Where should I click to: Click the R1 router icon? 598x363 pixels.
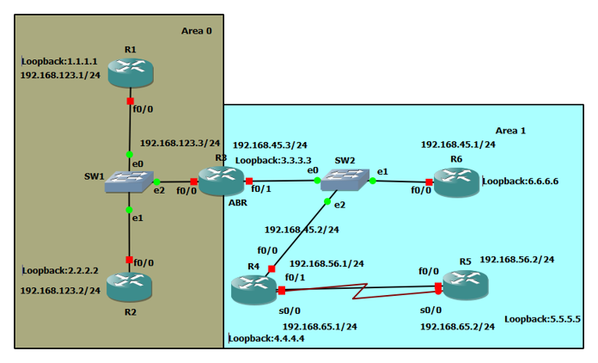(130, 72)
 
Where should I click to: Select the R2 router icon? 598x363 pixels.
(130, 286)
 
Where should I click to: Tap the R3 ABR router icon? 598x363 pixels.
(221, 181)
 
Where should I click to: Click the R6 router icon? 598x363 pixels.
(455, 181)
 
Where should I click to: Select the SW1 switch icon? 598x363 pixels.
(129, 181)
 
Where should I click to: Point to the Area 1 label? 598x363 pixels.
(510, 131)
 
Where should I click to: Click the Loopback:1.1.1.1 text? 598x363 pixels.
(59, 62)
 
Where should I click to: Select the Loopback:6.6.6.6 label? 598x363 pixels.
(521, 181)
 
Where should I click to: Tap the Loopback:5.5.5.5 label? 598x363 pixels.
(542, 318)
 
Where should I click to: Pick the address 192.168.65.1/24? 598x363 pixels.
(320, 327)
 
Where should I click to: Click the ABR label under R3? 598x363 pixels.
(238, 203)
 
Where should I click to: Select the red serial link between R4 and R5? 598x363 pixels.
(361, 291)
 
